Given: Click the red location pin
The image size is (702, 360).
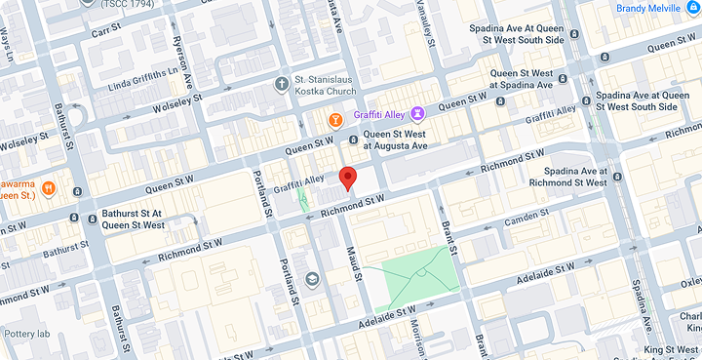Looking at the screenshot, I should coord(347,179).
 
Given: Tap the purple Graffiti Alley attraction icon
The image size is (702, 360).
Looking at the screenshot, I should coord(417,114).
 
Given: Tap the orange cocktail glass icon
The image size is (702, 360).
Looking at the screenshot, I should coord(334,120).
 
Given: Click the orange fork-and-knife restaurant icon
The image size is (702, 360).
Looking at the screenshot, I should coord(48,187).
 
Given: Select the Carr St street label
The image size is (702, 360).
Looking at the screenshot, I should coord(105,32).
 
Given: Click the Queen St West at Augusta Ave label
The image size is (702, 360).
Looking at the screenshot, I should coord(395,140).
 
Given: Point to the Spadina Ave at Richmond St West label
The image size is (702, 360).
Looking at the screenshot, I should coord(567,176).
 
